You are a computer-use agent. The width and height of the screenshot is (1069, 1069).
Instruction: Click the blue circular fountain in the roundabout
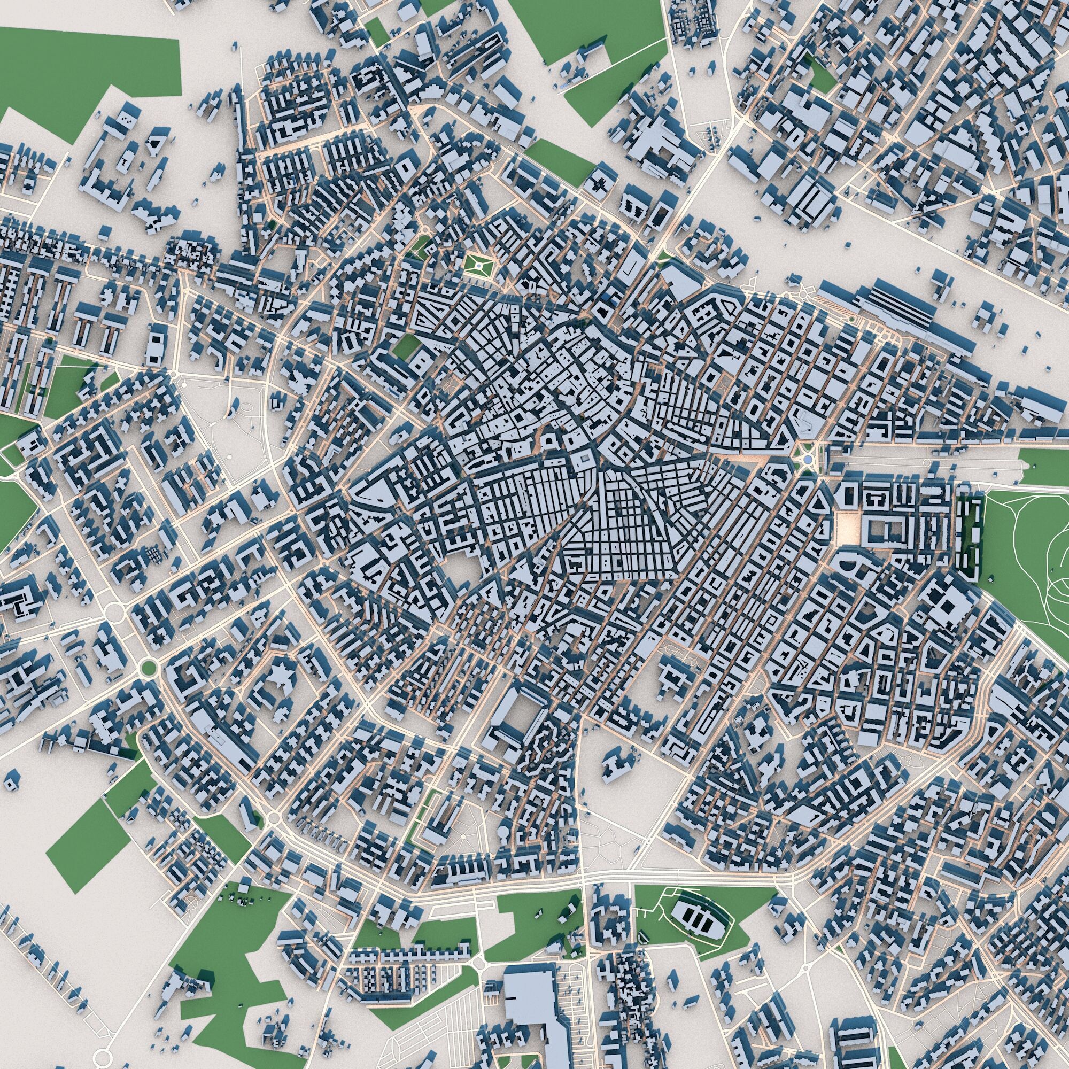[807, 460]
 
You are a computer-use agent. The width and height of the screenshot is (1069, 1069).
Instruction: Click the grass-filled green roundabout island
[147, 669]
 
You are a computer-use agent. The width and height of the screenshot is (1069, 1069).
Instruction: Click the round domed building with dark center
[549, 441]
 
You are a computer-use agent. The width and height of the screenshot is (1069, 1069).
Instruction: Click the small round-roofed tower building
[230, 412]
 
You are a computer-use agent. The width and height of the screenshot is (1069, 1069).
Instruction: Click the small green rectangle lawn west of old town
[406, 346]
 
